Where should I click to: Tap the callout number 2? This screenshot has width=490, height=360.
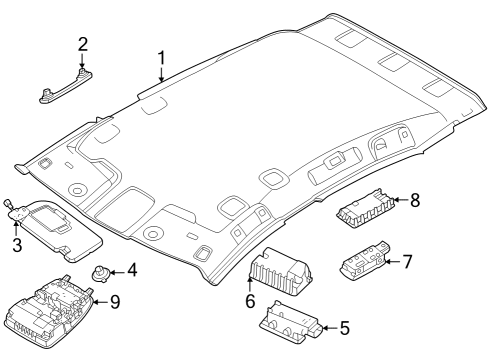point(83,44)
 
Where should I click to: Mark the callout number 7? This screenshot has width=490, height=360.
point(407,262)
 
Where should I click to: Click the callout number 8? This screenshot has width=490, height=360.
point(415,201)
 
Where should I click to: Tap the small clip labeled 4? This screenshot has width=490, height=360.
point(102,272)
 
